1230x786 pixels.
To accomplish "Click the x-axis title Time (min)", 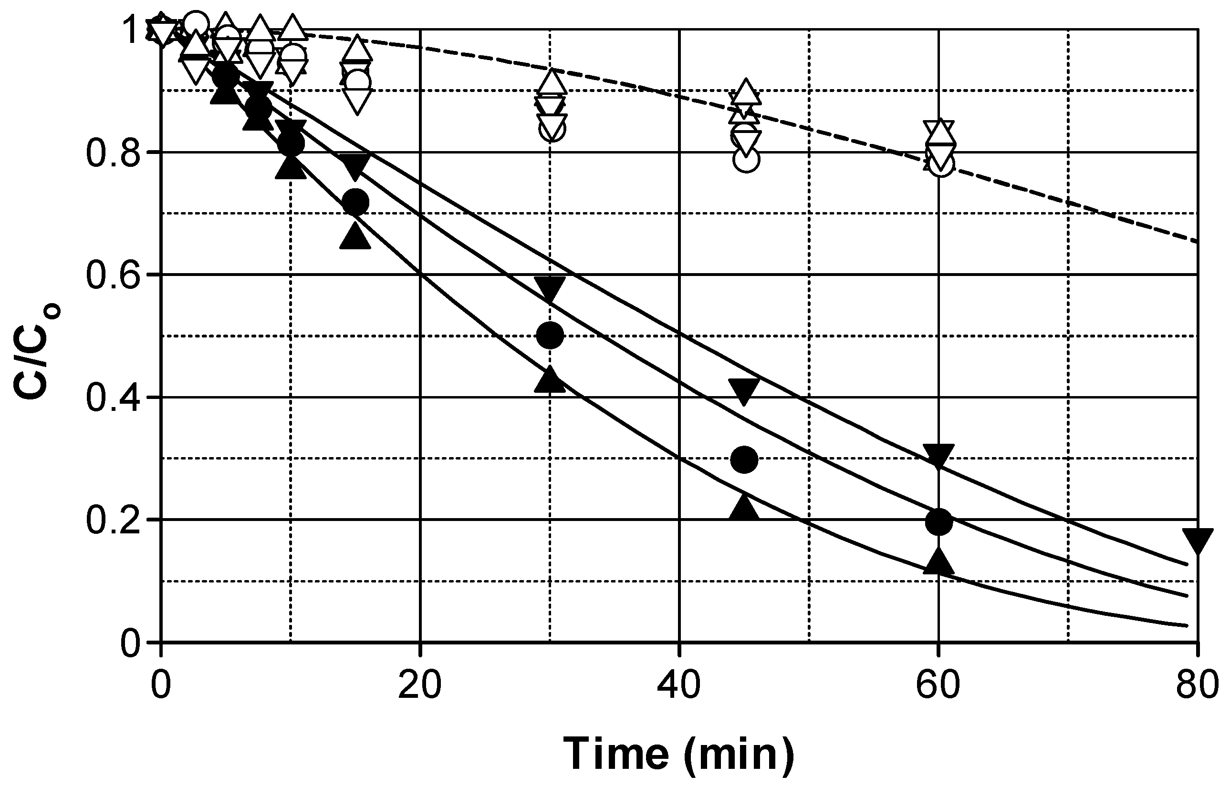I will (679, 753).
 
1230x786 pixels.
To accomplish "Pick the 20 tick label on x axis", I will (420, 686).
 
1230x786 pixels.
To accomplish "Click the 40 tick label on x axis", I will (679, 686).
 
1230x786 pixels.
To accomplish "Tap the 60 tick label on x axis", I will (938, 686).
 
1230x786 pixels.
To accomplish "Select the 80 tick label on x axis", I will (1197, 686).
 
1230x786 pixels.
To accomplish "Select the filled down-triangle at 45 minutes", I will (744, 390).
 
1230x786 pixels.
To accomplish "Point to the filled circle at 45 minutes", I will (744, 460).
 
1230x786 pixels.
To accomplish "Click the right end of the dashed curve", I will (1197, 241).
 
